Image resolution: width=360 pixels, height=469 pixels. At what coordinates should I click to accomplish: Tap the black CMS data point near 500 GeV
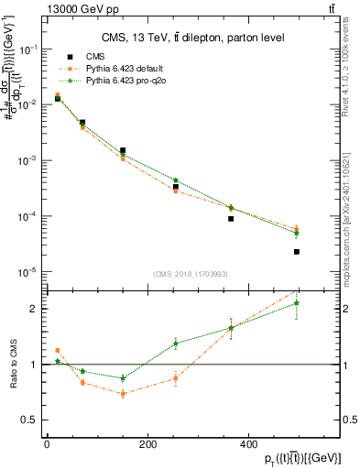pyautogui.click(x=297, y=251)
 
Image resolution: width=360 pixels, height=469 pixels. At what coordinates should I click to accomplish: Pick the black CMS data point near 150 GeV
pyautogui.click(x=123, y=150)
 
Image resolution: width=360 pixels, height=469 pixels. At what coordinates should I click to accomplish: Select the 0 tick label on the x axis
pyautogui.click(x=47, y=445)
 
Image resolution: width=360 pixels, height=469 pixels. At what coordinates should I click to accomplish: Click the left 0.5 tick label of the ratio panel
pyautogui.click(x=27, y=420)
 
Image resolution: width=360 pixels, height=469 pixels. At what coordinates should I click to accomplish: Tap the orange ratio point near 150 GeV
pyautogui.click(x=123, y=394)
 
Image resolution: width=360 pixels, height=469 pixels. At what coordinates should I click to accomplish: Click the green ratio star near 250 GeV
pyautogui.click(x=175, y=344)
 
